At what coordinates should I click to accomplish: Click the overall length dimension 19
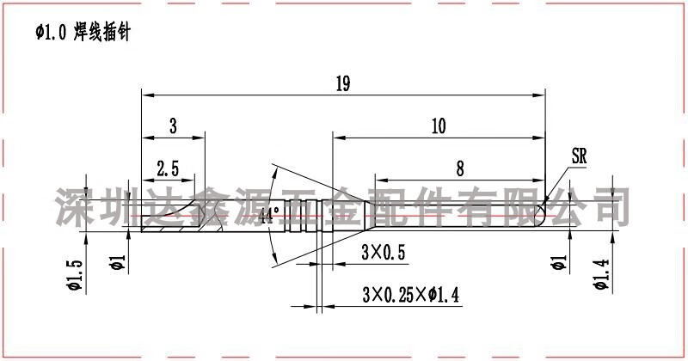343,83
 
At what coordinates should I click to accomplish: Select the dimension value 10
439,125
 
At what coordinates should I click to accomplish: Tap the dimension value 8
460,168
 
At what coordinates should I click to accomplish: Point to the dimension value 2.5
168,168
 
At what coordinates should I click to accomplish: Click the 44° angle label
269,215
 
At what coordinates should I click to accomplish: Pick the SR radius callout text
579,156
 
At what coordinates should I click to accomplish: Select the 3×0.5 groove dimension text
383,252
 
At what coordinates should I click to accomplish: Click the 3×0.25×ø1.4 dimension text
411,294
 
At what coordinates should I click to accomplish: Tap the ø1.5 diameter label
75,275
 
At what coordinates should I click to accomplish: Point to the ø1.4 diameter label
601,274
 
